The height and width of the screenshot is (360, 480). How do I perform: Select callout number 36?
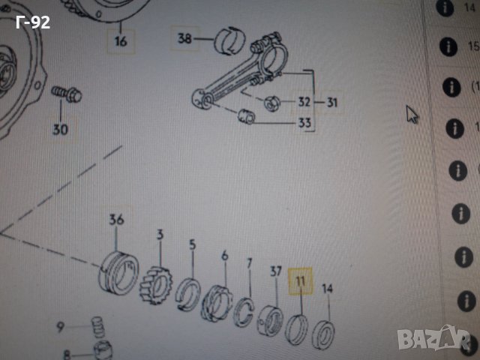pos(116,220)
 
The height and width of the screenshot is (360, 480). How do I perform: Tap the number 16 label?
pos(121,41)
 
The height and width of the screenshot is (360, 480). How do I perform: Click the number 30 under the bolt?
pos(60,129)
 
